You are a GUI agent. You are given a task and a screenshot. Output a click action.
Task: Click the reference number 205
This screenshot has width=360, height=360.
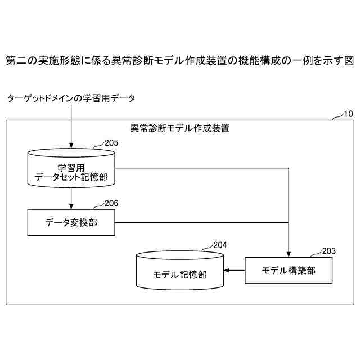pos(111,143)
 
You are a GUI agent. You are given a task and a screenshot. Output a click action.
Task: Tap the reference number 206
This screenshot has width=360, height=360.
pos(111,203)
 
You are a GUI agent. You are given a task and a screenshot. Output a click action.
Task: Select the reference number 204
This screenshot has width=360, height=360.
pos(220,245)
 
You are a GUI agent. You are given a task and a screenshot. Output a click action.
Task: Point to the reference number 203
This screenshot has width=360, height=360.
pos(328,251)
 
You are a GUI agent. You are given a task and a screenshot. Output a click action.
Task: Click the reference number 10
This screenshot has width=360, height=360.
pos(348,114)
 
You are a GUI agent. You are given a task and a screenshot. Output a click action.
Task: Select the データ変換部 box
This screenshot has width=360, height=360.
pos(71,222)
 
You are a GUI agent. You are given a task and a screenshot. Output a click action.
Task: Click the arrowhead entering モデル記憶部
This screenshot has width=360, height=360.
pos(228,271)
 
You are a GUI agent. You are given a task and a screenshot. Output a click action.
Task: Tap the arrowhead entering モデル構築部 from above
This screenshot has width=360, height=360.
pos(289,253)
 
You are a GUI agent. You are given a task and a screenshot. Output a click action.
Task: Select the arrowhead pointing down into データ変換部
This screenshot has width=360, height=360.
pos(71,206)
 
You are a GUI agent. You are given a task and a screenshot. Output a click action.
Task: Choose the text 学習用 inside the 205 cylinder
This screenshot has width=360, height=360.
pos(71,167)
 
